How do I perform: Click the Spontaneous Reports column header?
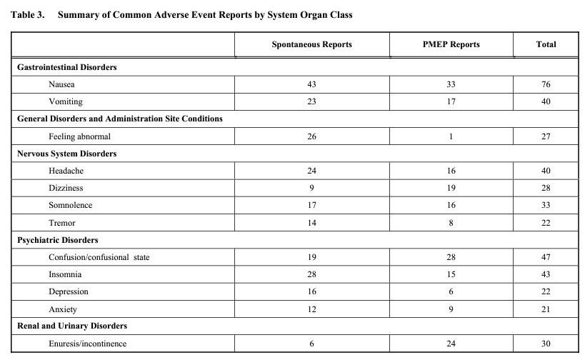[x=311, y=44]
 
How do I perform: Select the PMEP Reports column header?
[x=451, y=44]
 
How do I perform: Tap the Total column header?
[x=546, y=44]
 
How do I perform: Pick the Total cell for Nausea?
[x=546, y=84]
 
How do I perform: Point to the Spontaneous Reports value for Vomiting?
[x=311, y=101]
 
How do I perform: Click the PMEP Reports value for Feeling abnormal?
[x=451, y=136]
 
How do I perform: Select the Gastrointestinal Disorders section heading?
[x=66, y=67]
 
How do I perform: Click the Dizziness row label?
[x=66, y=189]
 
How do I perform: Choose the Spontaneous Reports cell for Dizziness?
[x=311, y=189]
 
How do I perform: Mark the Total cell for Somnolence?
[x=546, y=206]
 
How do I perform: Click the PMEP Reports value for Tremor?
[x=451, y=223]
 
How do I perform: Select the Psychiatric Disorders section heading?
[x=58, y=240]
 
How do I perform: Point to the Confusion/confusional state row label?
[x=99, y=257]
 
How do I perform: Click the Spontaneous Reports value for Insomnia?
[x=311, y=274]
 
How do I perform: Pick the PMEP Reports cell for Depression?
[x=451, y=292]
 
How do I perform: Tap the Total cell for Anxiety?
[x=546, y=309]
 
